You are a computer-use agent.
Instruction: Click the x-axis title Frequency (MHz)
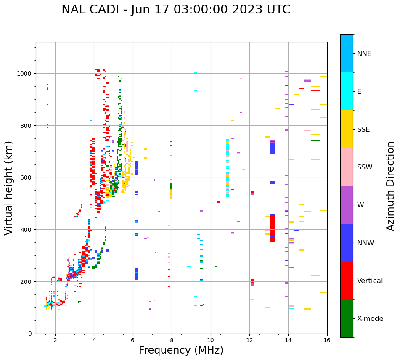[181, 350]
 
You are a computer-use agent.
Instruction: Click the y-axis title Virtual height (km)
[9, 188]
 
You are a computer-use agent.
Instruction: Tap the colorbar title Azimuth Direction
[391, 186]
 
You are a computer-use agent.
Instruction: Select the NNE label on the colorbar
[370, 53]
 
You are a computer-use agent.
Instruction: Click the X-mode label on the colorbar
[370, 319]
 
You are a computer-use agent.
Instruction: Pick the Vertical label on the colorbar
[370, 281]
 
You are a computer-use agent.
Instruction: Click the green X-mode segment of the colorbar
[347, 318]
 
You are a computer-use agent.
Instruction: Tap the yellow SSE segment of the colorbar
[347, 129]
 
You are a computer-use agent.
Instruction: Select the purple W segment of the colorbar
[347, 205]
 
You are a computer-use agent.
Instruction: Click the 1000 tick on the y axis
[25, 74]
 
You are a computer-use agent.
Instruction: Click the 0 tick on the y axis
[30, 334]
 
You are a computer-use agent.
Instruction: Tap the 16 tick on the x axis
[327, 340]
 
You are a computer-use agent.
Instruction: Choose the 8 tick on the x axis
[172, 340]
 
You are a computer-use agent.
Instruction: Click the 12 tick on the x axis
[249, 340]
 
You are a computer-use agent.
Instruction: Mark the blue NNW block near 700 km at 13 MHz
[273, 147]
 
